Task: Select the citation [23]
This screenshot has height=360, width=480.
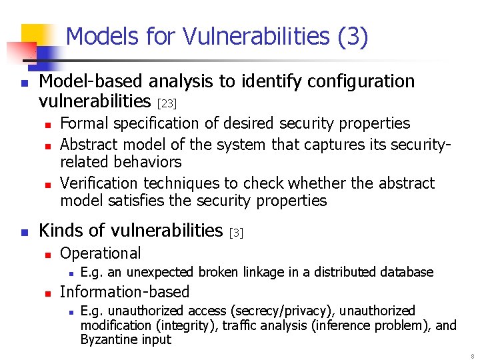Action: (167, 103)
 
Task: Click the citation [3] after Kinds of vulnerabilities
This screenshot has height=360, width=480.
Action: (237, 233)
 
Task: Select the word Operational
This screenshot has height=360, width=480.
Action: (100, 253)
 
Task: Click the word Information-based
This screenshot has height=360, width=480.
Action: (124, 291)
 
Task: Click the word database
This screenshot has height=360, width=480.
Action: (407, 272)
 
